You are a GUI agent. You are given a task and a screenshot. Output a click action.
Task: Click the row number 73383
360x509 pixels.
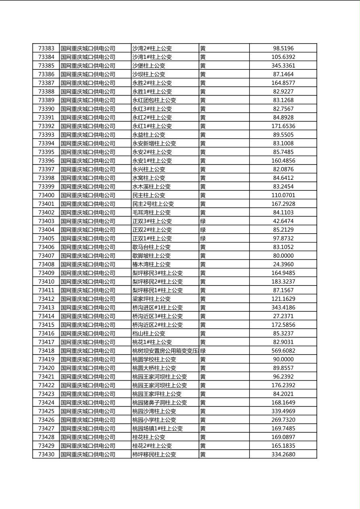(46, 48)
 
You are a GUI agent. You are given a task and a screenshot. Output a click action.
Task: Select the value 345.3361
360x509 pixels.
(283, 66)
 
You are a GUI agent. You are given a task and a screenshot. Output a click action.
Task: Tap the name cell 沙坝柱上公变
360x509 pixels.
(149, 74)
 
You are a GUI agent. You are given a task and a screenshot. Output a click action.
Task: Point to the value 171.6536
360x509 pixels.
(283, 126)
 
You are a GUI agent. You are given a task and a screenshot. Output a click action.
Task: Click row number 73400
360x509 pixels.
(46, 195)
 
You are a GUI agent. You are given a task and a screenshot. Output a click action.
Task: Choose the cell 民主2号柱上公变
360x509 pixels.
(153, 204)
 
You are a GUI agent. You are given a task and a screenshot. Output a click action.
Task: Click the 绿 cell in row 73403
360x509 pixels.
(203, 221)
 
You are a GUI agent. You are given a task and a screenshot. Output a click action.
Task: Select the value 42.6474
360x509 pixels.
(283, 221)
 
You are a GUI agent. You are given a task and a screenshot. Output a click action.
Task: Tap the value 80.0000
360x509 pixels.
(283, 256)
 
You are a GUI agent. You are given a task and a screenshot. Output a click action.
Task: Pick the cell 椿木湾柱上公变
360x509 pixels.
(151, 265)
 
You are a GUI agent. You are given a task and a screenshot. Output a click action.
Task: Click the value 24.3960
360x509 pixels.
(283, 265)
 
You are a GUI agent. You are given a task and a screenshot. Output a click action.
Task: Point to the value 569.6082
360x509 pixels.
(283, 351)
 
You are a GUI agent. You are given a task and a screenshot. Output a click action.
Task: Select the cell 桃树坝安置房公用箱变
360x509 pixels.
(165, 351)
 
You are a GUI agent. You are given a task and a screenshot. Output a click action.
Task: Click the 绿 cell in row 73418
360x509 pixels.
(203, 351)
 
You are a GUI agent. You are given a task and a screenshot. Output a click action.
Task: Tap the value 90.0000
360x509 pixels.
(283, 359)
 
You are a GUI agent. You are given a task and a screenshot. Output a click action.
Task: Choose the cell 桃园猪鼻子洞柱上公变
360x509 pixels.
(159, 403)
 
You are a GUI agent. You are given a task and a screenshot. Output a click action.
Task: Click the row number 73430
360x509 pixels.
(46, 455)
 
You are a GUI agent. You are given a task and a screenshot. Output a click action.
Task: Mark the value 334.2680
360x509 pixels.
(283, 455)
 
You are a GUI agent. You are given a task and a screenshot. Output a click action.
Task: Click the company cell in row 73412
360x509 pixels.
(88, 299)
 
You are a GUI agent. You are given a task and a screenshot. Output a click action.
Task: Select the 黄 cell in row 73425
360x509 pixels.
(203, 411)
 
